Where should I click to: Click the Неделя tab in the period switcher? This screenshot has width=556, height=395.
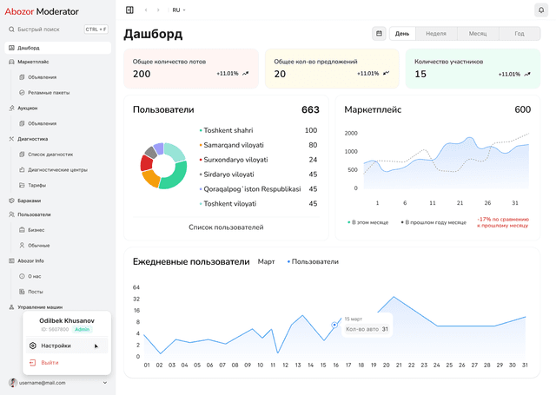(436, 33)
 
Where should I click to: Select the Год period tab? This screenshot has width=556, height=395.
(519, 33)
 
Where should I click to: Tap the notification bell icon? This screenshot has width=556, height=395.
(541, 10)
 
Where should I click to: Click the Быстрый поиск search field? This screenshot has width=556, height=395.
(56, 29)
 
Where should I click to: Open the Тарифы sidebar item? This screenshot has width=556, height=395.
(36, 185)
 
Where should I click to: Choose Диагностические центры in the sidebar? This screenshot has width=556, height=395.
(57, 169)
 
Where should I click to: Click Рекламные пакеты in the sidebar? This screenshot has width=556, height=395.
(49, 92)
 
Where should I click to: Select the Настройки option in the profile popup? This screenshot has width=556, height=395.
(56, 346)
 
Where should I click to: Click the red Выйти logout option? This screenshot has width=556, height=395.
(50, 362)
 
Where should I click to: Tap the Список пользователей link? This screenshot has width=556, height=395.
(226, 227)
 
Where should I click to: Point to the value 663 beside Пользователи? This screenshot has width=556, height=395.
(310, 110)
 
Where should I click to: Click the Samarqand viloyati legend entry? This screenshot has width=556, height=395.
(234, 145)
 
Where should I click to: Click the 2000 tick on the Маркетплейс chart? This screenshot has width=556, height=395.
(351, 134)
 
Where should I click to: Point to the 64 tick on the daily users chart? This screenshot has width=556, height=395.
(136, 287)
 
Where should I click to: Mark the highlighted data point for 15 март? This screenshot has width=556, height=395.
(334, 325)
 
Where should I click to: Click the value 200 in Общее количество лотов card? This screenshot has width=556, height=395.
(142, 74)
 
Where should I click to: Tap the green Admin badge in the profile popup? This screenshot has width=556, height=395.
(83, 330)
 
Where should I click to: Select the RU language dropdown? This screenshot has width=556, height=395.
(178, 10)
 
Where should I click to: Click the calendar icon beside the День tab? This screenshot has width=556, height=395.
(379, 33)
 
